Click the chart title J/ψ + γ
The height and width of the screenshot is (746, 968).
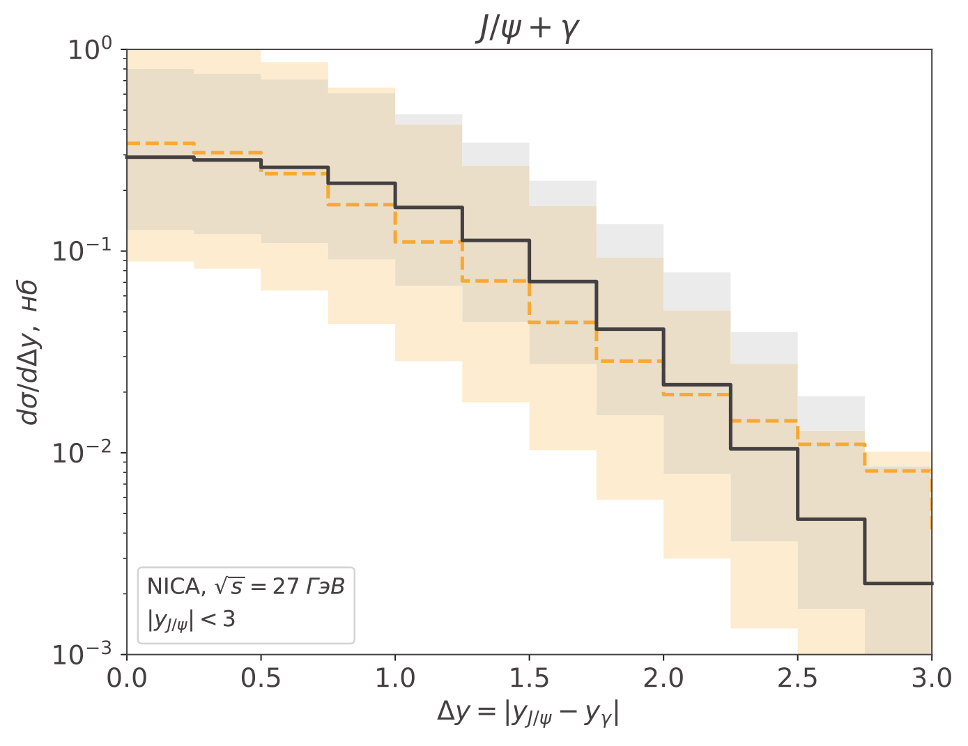click(528, 29)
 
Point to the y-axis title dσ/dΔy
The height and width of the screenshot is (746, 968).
click(29, 353)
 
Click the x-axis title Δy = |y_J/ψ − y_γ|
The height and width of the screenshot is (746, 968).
click(528, 713)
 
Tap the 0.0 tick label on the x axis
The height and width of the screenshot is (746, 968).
click(127, 678)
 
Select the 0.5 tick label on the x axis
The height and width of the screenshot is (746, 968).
click(261, 678)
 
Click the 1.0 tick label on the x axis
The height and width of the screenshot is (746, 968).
click(395, 678)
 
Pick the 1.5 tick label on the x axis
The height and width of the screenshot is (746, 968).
click(529, 678)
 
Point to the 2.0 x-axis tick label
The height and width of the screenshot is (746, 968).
click(663, 678)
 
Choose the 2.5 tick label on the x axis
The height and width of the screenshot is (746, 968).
click(797, 678)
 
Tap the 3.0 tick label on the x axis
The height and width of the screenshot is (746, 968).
click(931, 678)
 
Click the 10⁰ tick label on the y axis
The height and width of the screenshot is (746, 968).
click(90, 50)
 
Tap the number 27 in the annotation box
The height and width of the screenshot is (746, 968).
click(286, 586)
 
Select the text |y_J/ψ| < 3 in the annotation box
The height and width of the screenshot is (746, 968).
click(191, 619)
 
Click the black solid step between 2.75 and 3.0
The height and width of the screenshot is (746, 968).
click(898, 583)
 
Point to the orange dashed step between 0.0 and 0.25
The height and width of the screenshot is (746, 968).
click(160, 143)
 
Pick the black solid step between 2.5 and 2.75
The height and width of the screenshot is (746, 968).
click(831, 519)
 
